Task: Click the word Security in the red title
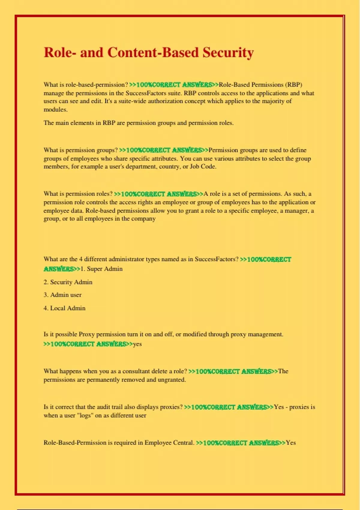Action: click(x=228, y=53)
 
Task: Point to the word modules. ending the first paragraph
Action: click(x=55, y=109)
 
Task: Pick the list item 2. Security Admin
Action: click(x=68, y=282)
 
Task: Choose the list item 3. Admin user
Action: click(x=62, y=295)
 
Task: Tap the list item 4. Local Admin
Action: click(x=64, y=308)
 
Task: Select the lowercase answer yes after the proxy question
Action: click(x=137, y=344)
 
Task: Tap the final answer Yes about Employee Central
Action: click(x=291, y=443)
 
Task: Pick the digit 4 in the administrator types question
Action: click(x=81, y=259)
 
